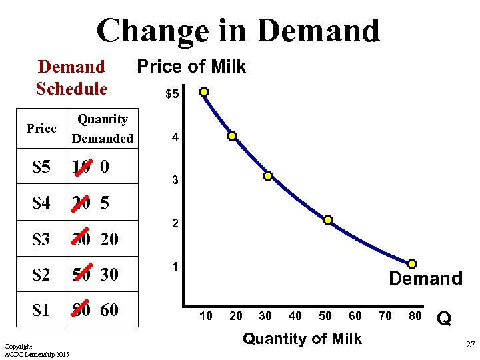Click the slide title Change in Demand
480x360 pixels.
point(238,30)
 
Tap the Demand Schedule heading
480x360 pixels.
point(71,77)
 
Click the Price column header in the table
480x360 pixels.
point(41,128)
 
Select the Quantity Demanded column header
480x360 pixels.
point(103,129)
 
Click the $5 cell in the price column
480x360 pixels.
point(41,167)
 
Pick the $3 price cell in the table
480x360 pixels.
point(41,239)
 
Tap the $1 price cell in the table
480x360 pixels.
point(41,310)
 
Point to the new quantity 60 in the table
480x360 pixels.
point(110,310)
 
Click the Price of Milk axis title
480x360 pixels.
point(191,67)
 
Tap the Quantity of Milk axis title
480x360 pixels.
point(302,339)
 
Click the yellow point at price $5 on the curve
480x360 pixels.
point(203,92)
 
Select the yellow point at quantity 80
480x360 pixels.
point(413,264)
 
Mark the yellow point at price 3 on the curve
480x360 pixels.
point(267,176)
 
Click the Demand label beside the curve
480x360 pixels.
point(425,279)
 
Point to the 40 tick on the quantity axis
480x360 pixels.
point(295,315)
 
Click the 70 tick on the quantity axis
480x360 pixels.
point(385,315)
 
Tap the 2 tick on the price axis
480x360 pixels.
point(175,224)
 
